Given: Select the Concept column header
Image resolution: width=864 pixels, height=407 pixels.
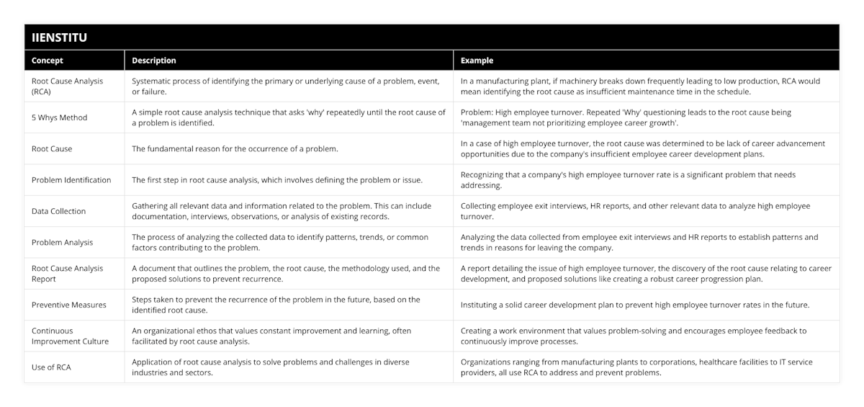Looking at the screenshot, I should (x=48, y=61).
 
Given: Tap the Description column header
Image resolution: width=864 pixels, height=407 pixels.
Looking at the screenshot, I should (x=154, y=61).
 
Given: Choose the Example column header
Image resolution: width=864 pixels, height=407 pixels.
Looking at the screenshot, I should (x=477, y=61).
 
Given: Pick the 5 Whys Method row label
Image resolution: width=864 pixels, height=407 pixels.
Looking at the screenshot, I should (x=59, y=117).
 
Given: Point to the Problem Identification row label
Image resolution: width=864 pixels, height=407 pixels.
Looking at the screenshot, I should (x=71, y=180).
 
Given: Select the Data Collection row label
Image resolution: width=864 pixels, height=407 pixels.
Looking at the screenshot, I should (x=58, y=211).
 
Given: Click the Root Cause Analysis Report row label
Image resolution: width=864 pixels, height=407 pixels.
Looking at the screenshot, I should (x=67, y=274).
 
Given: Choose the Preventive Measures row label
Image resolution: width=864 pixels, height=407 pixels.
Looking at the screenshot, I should (x=68, y=305).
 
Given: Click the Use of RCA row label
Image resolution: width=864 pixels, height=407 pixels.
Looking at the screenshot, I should (x=51, y=367).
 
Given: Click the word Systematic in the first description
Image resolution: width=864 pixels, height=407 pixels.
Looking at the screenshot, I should (x=153, y=81).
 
